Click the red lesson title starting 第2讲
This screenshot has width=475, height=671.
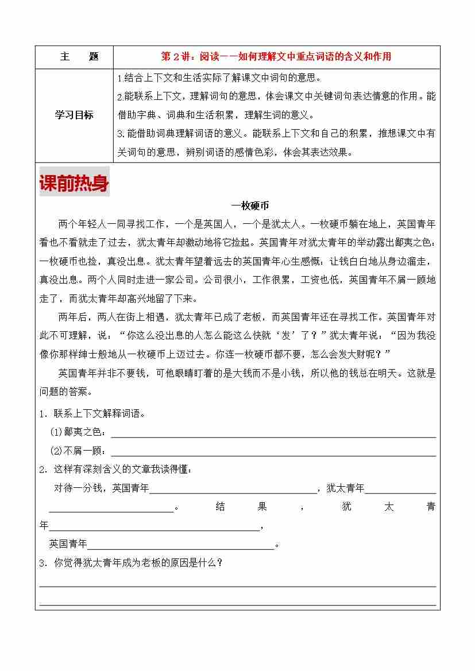point(276,57)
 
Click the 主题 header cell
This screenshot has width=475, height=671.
point(79,57)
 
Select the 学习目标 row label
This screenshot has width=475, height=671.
point(74,115)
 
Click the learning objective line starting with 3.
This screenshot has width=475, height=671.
point(276,134)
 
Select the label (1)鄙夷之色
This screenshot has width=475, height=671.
point(78,432)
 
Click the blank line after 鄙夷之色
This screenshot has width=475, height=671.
point(273,436)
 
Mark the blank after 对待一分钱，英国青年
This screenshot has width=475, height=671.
point(233,492)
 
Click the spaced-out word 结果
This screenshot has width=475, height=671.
point(241,507)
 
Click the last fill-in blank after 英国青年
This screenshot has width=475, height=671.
point(181,548)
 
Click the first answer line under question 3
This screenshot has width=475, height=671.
point(237,586)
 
